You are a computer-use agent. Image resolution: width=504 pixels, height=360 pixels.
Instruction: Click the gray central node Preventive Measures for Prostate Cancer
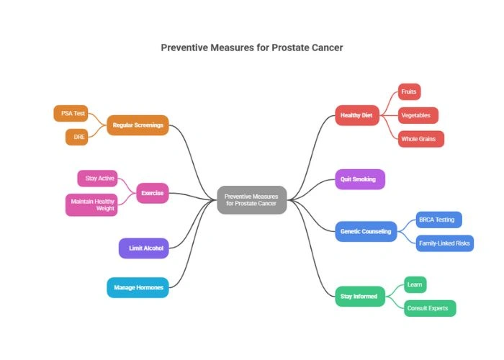click(252, 199)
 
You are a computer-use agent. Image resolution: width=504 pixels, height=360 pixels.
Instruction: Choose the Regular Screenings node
click(138, 125)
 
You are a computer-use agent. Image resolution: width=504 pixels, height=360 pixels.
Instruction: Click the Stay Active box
click(96, 178)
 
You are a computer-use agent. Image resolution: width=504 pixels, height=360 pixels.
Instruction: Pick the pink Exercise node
click(152, 193)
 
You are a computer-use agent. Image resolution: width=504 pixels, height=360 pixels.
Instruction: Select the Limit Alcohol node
click(145, 248)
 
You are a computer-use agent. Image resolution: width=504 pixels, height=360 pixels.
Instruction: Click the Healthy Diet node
click(357, 115)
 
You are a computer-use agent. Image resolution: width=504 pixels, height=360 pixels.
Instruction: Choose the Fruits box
click(409, 92)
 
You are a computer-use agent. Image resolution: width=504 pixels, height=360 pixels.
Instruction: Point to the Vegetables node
click(418, 115)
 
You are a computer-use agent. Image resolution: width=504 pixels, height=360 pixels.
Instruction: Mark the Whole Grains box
click(421, 138)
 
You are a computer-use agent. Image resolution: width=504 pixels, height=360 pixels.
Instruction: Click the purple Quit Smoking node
click(359, 179)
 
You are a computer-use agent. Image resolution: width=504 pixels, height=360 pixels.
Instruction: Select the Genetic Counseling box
click(366, 231)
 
